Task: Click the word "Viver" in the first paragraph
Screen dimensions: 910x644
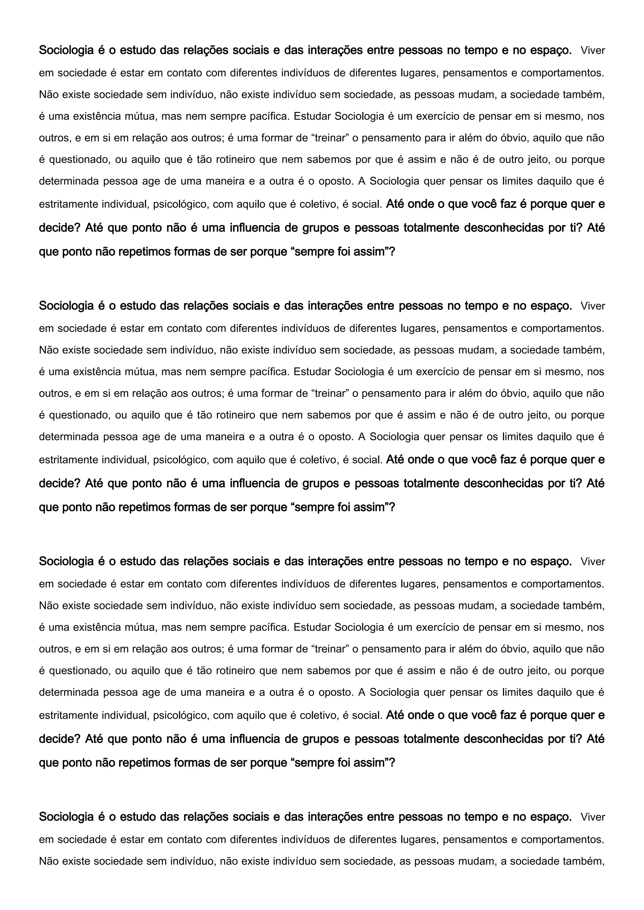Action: tap(592, 51)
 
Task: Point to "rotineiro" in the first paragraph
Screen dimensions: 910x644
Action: tap(236, 160)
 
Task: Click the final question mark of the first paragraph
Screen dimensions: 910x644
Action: tap(392, 252)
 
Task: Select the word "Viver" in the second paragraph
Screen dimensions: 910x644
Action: tap(592, 306)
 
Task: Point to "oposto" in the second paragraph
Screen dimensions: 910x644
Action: tap(336, 437)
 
